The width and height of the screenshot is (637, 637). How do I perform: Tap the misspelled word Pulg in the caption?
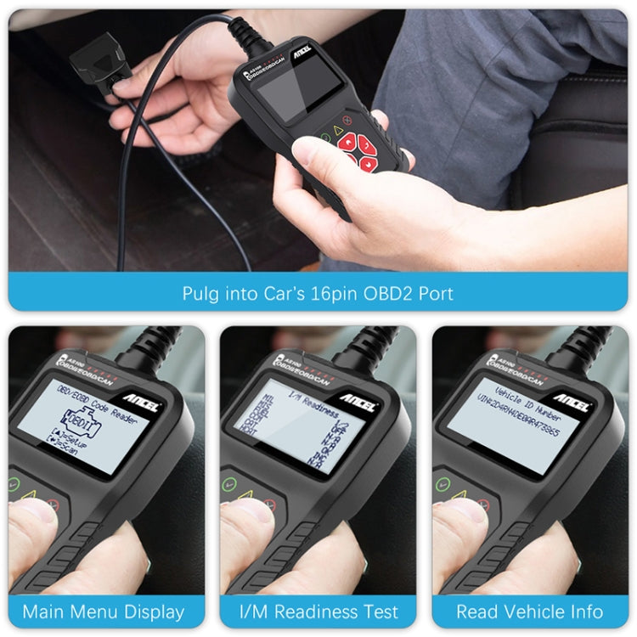coord(200,294)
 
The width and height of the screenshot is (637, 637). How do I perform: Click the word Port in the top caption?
coord(434,294)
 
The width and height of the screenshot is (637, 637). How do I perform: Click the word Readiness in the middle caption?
coord(313,612)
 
